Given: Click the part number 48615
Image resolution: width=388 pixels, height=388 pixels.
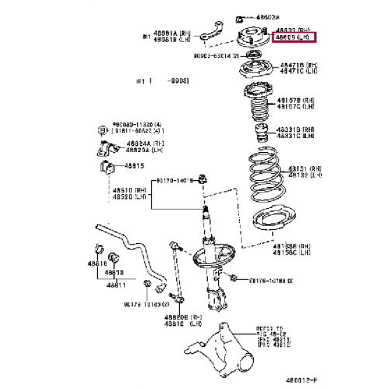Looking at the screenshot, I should (129, 166).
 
